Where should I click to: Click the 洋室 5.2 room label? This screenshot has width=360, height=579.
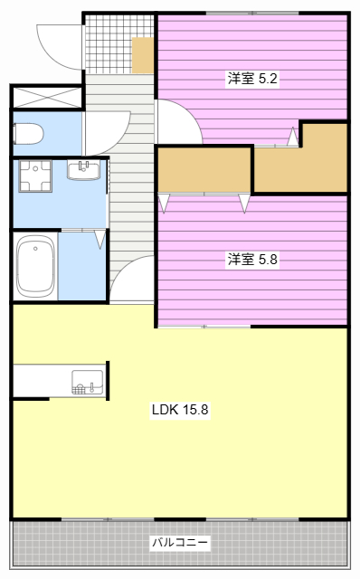click(252, 79)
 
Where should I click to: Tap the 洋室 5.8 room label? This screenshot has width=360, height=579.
click(252, 260)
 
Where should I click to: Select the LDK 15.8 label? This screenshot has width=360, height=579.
click(180, 410)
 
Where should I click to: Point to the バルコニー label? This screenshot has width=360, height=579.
click(180, 543)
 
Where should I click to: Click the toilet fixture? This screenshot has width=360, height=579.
click(28, 134)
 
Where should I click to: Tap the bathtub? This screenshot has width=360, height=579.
click(35, 266)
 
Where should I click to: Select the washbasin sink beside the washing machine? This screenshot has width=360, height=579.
click(84, 170)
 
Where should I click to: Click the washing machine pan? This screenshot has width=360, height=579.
click(35, 176)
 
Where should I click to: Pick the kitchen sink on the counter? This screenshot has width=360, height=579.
click(88, 383)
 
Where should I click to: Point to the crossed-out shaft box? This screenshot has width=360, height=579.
click(47, 98)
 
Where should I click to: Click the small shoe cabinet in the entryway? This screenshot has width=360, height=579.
click(143, 55)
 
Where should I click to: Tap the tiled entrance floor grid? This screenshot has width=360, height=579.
click(109, 44)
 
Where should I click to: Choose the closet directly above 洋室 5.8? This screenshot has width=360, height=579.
click(204, 170)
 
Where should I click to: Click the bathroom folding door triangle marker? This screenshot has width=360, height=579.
click(99, 239)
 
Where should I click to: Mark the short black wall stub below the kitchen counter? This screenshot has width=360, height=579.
click(31, 399)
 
